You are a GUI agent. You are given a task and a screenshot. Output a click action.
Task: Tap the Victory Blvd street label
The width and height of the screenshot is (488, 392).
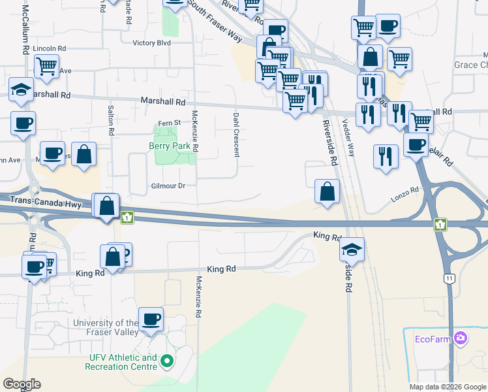tap(151, 43)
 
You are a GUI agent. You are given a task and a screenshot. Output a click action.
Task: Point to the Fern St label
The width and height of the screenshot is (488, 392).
tap(169, 123)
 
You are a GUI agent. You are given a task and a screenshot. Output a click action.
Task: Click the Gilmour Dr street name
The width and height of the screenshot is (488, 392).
tap(168, 186)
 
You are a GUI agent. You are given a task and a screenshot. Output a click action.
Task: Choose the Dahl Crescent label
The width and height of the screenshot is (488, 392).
tap(236, 135)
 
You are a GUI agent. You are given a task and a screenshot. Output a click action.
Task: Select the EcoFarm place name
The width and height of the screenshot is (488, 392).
tap(433, 338)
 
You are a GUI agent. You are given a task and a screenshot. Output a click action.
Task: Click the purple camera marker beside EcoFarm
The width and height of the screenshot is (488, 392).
tap(461, 337)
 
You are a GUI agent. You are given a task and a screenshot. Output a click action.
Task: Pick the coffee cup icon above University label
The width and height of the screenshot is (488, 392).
tap(151, 319)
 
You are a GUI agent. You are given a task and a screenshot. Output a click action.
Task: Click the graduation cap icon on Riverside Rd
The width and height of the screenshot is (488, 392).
tap(352, 250)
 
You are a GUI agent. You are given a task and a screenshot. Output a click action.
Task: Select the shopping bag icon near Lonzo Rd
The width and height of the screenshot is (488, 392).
tap(328, 192)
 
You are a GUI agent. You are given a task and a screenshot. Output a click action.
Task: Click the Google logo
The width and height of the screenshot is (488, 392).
tap(22, 384)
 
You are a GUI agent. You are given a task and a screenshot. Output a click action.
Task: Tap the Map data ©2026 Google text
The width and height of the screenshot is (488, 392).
tap(448, 387)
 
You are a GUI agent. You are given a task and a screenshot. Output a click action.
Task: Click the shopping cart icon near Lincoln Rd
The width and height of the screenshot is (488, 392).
tap(47, 67)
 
